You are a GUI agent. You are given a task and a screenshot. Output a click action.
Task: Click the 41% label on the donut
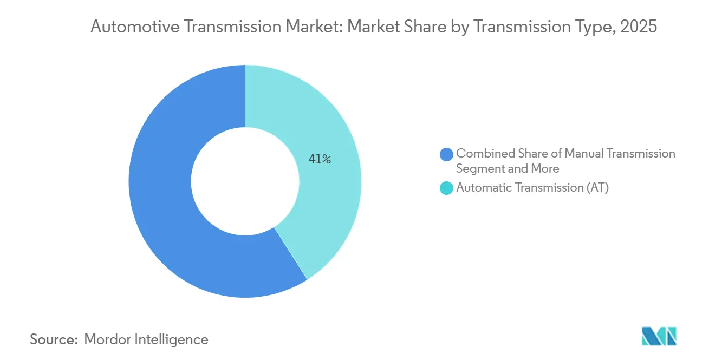coord(320,159)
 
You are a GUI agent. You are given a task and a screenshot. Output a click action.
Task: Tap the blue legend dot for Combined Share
coord(447,154)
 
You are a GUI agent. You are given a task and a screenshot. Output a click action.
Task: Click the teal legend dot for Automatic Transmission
coord(447,188)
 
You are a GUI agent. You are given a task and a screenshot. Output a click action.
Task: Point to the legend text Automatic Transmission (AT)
coord(532,188)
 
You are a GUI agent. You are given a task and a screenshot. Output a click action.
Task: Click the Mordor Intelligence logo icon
coord(659,337)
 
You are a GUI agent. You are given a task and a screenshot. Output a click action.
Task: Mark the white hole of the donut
coord(245,181)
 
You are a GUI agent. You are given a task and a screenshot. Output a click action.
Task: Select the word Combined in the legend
coord(482,154)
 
